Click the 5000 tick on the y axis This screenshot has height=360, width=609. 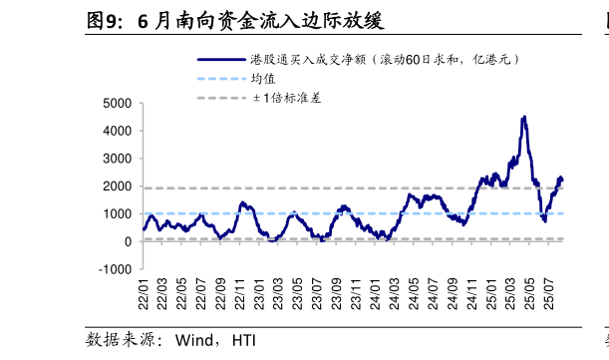coord(118,103)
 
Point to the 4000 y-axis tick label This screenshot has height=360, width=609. coord(118,131)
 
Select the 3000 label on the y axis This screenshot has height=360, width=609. coord(118,159)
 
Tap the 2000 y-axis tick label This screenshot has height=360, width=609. coord(118,186)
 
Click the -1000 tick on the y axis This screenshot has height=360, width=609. coord(116,269)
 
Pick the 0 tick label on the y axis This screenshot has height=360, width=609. coord(128,241)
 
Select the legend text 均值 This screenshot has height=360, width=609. coord(263,79)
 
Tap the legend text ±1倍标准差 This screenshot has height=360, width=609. coord(286,98)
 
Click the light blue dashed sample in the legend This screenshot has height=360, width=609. coord(220,79)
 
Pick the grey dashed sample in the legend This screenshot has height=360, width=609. coord(220,98)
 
